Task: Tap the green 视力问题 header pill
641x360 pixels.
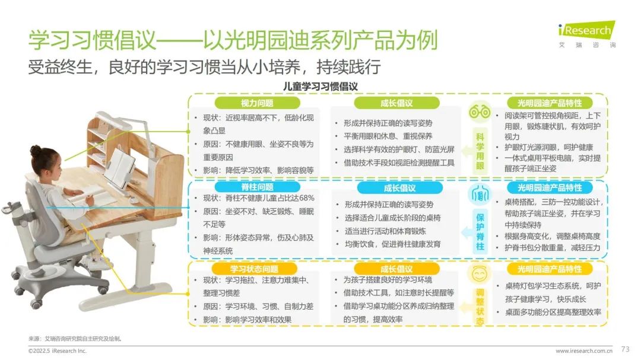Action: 257,103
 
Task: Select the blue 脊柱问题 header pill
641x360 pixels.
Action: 257,187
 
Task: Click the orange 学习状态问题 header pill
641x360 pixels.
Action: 254,269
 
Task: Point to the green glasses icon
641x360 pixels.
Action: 480,111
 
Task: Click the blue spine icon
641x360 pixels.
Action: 480,195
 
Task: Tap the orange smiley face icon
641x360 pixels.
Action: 480,274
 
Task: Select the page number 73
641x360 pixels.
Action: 625,349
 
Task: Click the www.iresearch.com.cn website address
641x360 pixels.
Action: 584,351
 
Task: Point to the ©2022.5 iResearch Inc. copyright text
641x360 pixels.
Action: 57,351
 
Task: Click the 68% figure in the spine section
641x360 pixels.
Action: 307,198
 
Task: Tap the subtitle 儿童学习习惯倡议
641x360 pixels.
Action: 320,87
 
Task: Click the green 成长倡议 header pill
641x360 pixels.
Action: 396,103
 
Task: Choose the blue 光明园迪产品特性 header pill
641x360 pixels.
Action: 550,187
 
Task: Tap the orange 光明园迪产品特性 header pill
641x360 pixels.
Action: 550,269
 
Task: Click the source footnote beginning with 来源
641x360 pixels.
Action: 75,339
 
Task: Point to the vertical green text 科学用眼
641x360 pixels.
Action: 480,151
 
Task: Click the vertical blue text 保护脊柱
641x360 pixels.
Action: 480,232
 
